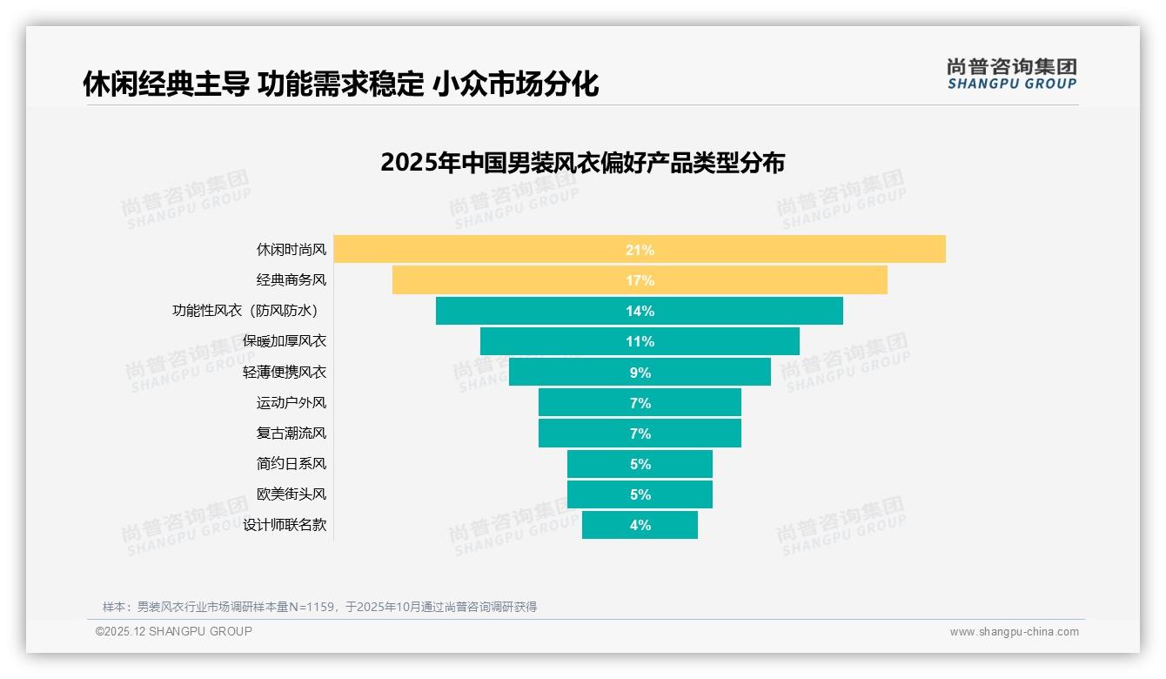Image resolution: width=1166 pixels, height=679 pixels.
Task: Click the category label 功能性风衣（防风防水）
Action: tap(249, 311)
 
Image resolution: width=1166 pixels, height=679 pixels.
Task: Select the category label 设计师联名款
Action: tap(285, 525)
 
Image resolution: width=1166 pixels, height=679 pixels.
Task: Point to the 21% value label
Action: tap(640, 250)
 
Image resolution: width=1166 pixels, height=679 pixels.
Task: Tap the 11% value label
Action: tap(640, 341)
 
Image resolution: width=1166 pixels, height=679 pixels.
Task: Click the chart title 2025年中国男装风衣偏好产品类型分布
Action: tap(582, 163)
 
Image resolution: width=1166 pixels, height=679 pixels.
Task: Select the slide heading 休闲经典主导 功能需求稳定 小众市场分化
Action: tap(340, 84)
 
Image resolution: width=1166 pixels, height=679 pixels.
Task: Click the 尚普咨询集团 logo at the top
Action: tap(1011, 73)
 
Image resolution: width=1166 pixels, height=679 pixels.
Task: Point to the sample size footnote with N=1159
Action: tap(319, 607)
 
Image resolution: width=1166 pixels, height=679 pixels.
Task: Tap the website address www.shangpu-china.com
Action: tap(1014, 632)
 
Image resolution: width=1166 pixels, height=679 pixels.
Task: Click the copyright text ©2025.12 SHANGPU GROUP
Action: tap(174, 631)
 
